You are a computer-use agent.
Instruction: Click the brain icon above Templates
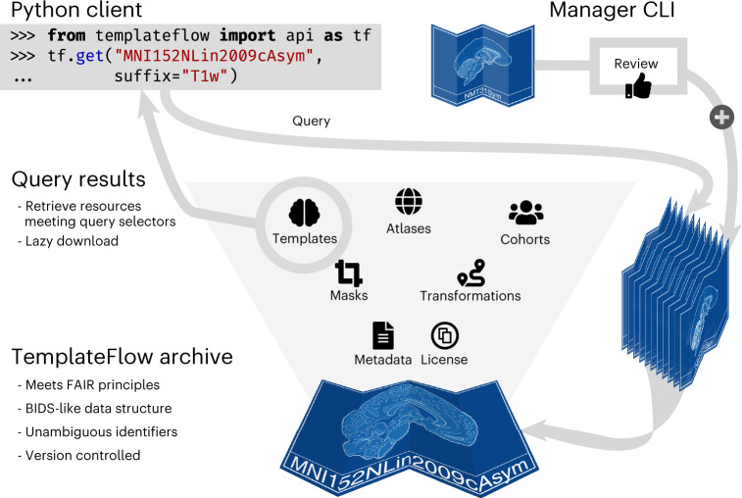(x=304, y=213)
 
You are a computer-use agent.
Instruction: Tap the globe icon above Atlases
(x=409, y=202)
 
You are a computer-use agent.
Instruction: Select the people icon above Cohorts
(x=525, y=213)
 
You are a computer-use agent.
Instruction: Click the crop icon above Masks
(x=349, y=274)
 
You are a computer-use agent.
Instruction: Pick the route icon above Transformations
(x=471, y=274)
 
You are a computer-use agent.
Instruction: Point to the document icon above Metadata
(x=383, y=335)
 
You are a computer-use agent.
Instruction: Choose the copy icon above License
(x=445, y=335)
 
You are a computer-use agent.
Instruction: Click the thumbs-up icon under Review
(x=638, y=85)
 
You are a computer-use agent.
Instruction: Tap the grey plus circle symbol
(x=721, y=117)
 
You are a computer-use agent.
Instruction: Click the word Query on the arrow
(x=311, y=122)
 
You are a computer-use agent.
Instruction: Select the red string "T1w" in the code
(x=205, y=75)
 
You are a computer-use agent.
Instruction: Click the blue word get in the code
(x=89, y=56)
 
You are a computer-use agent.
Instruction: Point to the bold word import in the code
(x=247, y=35)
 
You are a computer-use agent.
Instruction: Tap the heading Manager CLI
(x=612, y=10)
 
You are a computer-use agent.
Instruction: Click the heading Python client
(x=76, y=10)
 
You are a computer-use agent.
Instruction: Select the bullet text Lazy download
(x=72, y=241)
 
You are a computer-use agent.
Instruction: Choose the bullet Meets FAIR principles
(x=92, y=385)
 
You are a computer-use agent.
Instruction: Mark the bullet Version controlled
(x=82, y=456)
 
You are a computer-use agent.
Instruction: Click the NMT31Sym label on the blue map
(x=482, y=93)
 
